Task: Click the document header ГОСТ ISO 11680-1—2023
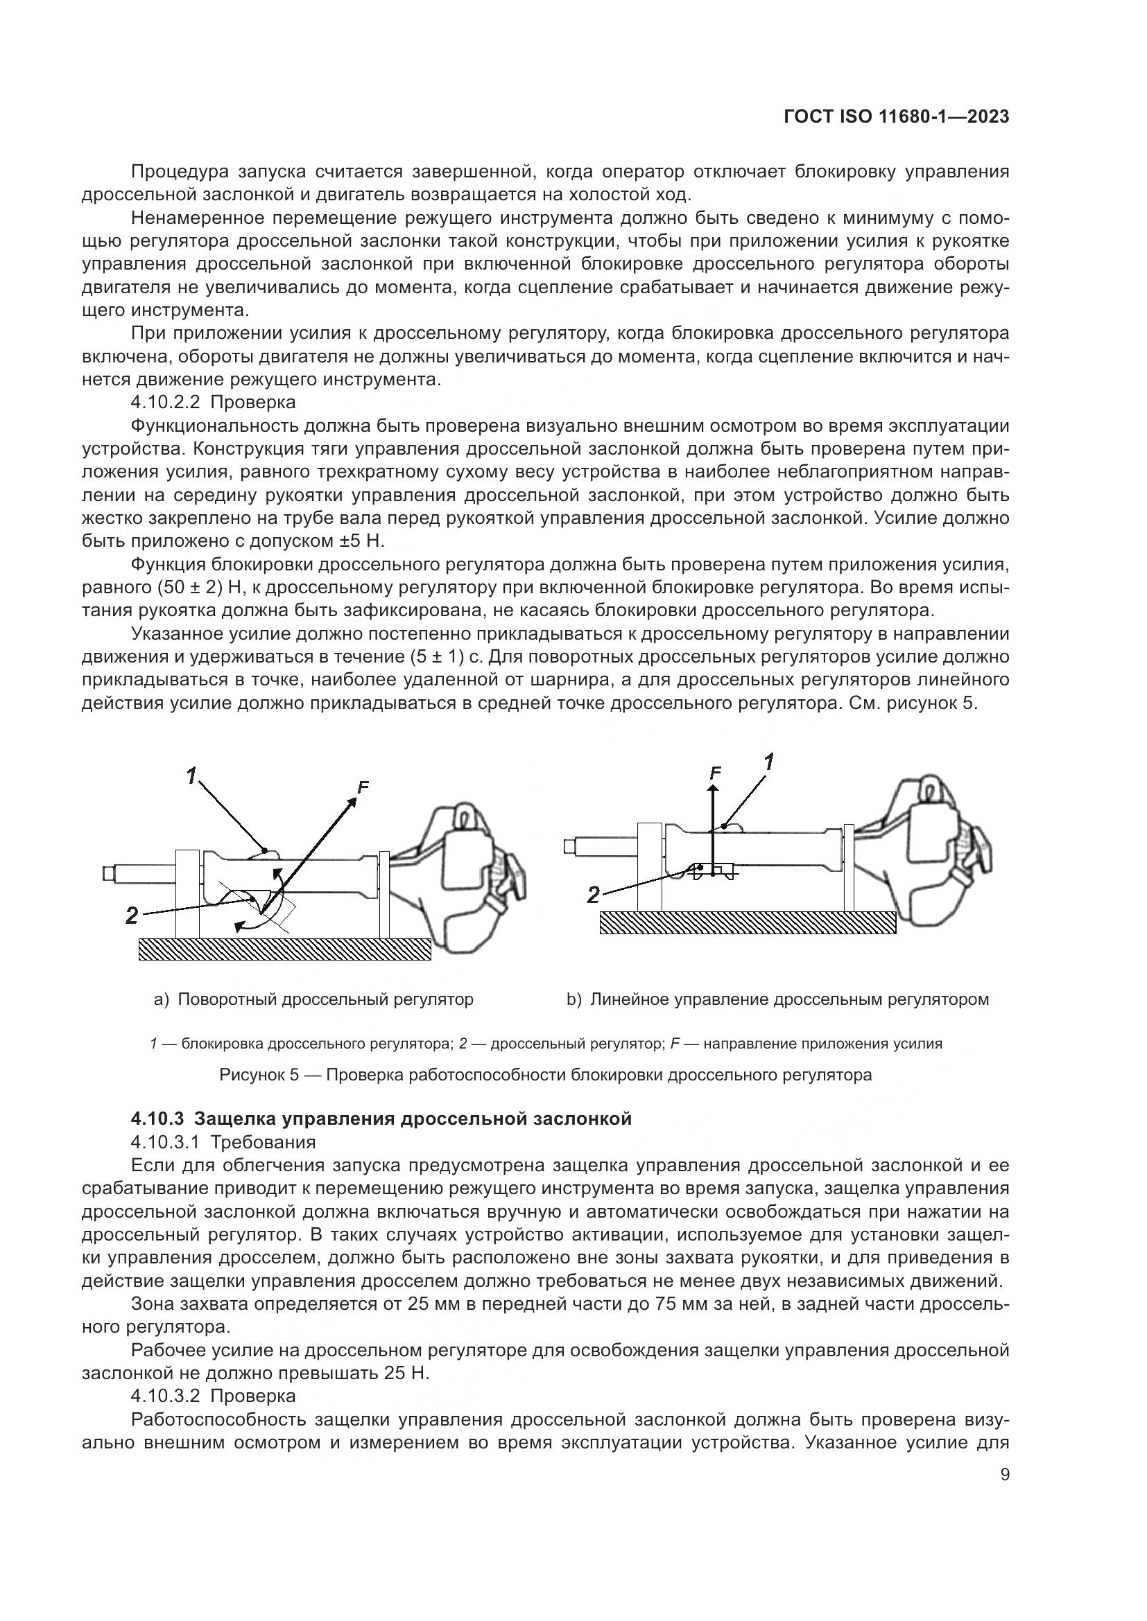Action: point(895,117)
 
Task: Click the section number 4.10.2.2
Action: point(166,403)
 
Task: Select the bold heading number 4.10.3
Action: point(157,1119)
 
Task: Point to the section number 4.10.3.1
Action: point(166,1141)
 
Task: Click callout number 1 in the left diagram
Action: point(192,776)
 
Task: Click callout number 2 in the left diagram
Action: point(132,915)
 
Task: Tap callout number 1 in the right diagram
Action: point(769,762)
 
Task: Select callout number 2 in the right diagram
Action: point(594,896)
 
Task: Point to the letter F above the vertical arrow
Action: point(716,773)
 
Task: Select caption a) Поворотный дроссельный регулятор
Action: point(313,1000)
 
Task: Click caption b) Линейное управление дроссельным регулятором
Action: point(777,1000)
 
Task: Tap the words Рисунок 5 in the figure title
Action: point(259,1076)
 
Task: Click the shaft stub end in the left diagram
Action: point(108,873)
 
